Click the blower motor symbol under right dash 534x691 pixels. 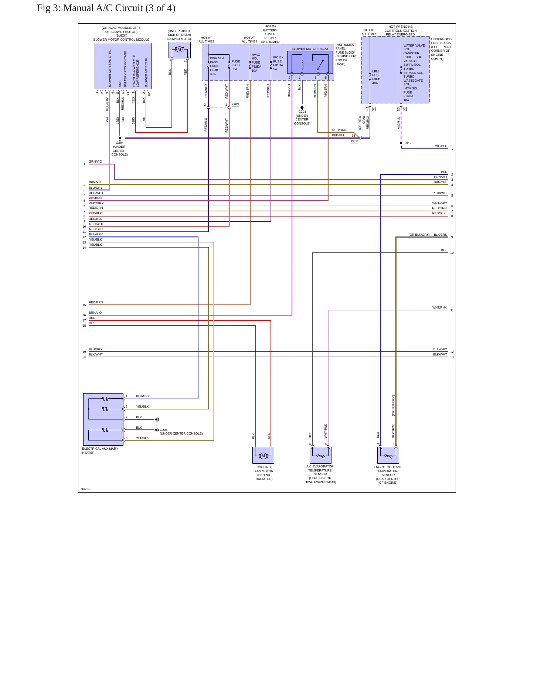click(180, 50)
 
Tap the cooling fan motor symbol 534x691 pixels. click(263, 455)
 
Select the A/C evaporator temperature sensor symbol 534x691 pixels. click(320, 455)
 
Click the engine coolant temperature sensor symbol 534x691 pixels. click(388, 455)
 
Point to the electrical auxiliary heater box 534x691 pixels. click(103, 419)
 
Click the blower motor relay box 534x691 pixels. click(310, 62)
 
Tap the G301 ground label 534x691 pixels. click(302, 112)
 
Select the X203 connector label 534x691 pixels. click(235, 105)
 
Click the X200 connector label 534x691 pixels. click(354, 141)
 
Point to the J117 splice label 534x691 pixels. click(408, 143)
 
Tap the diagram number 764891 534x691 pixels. click(86, 489)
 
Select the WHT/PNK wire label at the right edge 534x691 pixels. click(439, 307)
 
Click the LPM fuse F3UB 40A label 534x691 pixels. click(376, 77)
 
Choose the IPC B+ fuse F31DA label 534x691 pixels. click(278, 63)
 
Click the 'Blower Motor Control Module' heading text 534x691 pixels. click(121, 40)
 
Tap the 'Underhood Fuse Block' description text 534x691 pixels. click(441, 49)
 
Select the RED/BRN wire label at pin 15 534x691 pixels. click(96, 302)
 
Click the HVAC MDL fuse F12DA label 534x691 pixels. click(256, 63)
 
